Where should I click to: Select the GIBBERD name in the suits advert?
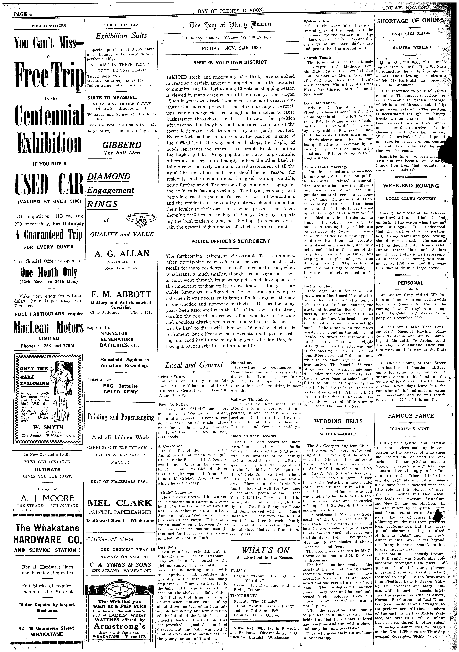click(122, 145)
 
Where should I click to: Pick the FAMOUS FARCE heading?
click(410, 416)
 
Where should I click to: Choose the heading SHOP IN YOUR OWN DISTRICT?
click(230, 62)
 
